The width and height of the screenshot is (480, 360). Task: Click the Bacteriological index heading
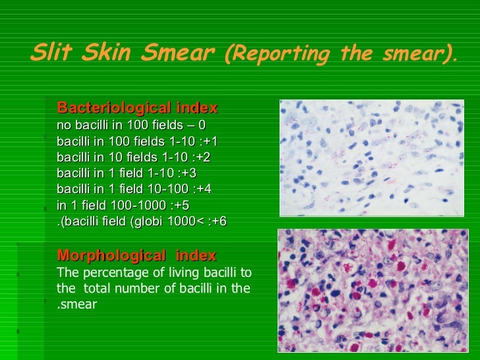pyautogui.click(x=137, y=108)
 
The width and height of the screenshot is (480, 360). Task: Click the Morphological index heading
pyautogui.click(x=136, y=256)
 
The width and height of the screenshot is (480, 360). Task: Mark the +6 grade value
pyautogui.click(x=218, y=222)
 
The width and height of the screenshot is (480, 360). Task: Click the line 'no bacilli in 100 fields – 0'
pyautogui.click(x=131, y=125)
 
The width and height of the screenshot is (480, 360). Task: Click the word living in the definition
pyautogui.click(x=168, y=272)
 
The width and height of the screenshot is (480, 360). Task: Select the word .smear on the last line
pyautogui.click(x=76, y=305)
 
